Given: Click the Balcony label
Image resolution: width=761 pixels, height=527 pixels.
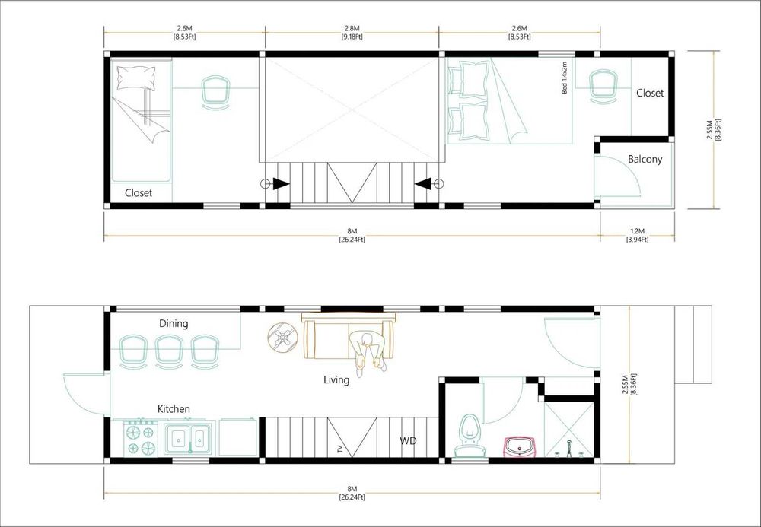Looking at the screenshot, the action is pyautogui.click(x=645, y=160).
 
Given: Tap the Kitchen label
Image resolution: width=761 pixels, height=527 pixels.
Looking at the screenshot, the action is pyautogui.click(x=174, y=409).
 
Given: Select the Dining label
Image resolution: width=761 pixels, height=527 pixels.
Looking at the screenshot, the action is pyautogui.click(x=174, y=323).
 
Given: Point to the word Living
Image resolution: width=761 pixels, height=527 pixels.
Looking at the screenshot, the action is pyautogui.click(x=336, y=379).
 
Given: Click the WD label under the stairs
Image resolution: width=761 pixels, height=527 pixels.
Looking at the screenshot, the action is pyautogui.click(x=408, y=441).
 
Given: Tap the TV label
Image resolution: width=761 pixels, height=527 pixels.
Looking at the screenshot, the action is pyautogui.click(x=341, y=450).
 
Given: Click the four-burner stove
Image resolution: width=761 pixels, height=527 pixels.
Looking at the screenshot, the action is pyautogui.click(x=142, y=438).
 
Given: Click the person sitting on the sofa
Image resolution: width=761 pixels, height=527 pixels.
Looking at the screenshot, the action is pyautogui.click(x=370, y=353).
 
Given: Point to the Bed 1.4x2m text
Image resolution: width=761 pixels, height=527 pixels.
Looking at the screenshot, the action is pyautogui.click(x=565, y=78).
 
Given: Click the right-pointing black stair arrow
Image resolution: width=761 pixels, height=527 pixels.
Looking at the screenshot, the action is pyautogui.click(x=282, y=184).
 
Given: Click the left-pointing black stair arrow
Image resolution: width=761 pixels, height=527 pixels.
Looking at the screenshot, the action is pyautogui.click(x=422, y=184).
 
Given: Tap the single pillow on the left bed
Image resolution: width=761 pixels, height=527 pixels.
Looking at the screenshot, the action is pyautogui.click(x=136, y=78).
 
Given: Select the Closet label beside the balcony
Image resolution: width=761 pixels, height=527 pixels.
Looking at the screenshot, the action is pyautogui.click(x=650, y=93).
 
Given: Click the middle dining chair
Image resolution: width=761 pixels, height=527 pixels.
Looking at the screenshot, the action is pyautogui.click(x=168, y=351).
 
